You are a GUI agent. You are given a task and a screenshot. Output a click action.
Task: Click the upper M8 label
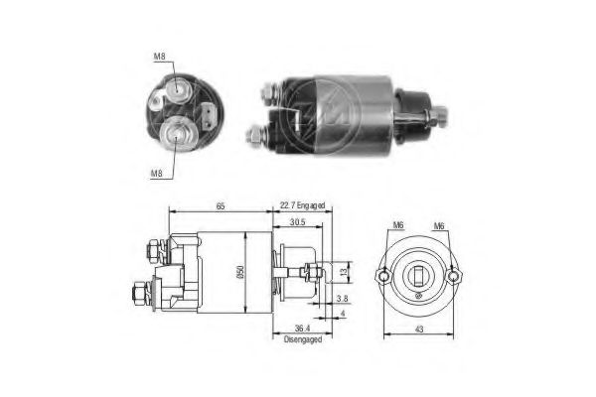[x=160, y=58]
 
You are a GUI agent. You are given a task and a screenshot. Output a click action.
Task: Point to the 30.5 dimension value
[x=296, y=223]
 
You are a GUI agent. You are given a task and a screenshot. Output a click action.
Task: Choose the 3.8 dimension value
[x=342, y=298]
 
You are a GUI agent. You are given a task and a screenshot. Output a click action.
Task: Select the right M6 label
[x=437, y=225]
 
